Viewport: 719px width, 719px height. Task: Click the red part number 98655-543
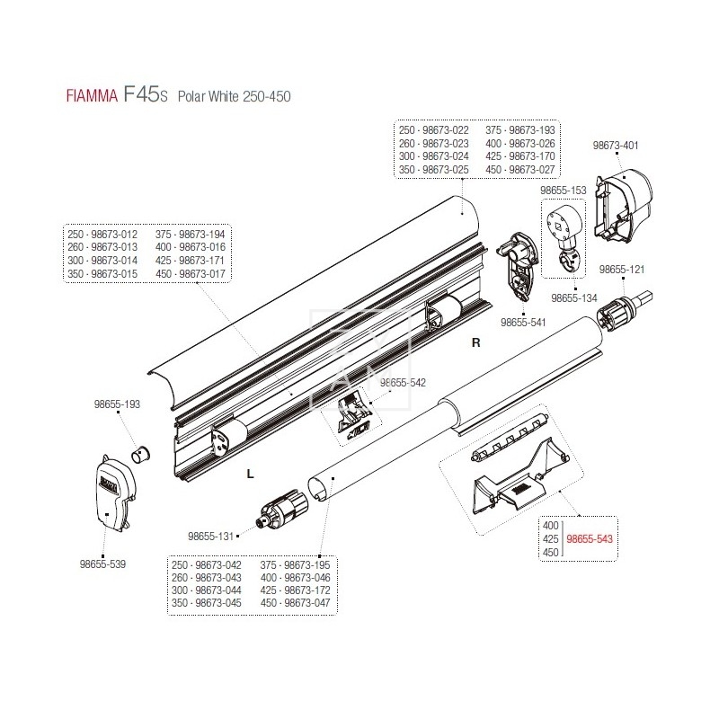pos(594,539)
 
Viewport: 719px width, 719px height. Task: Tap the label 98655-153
pos(564,191)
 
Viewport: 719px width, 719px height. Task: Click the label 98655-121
pos(623,269)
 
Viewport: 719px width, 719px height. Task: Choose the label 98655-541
pos(523,321)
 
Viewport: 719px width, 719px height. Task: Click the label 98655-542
pos(403,382)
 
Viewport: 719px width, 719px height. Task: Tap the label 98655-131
pos(210,537)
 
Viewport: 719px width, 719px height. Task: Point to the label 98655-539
pos(103,564)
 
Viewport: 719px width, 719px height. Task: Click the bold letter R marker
pos(477,343)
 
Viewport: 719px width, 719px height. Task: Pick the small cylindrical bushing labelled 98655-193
pos(140,450)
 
